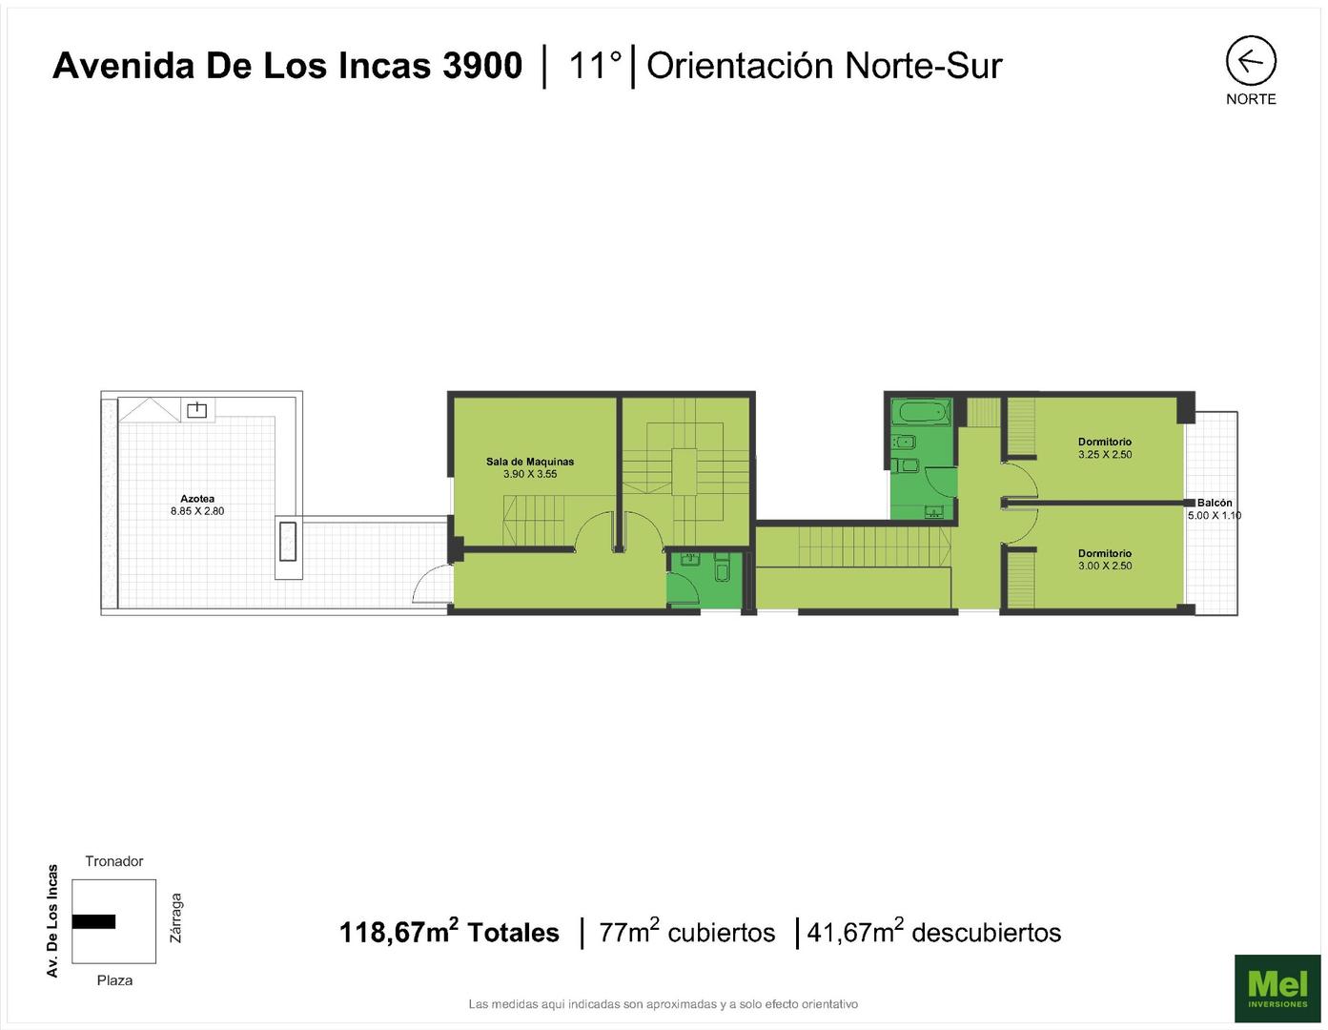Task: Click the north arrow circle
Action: tap(1226, 60)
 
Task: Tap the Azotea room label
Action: tap(196, 498)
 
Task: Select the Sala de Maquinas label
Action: tap(530, 462)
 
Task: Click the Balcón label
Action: tap(1215, 503)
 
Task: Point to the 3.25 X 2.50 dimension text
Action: tap(1105, 454)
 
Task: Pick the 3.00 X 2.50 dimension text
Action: tap(1105, 566)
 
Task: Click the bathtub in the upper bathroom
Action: tap(921, 412)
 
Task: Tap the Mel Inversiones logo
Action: tap(1277, 987)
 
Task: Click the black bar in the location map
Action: tap(93, 921)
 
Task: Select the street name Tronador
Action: tap(114, 860)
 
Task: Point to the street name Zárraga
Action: tap(176, 918)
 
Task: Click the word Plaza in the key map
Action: tap(115, 979)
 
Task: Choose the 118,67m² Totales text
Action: tap(449, 932)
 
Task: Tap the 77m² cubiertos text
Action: tap(687, 932)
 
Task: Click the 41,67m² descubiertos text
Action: tap(934, 932)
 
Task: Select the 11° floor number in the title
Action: tap(595, 66)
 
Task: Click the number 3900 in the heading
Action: tap(482, 66)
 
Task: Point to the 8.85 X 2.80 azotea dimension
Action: tap(197, 511)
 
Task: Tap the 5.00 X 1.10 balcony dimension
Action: tap(1215, 515)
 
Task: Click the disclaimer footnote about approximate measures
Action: tap(664, 1003)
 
